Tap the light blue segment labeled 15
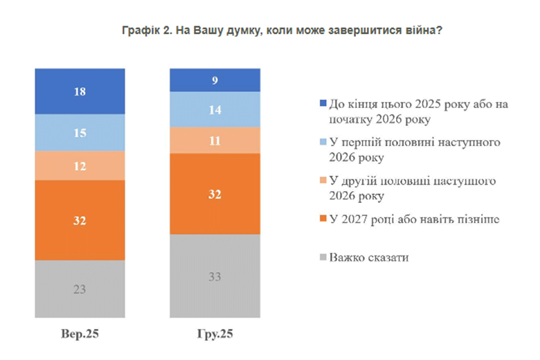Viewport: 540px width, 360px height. pos(80,133)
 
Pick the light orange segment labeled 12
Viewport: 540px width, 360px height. pos(80,165)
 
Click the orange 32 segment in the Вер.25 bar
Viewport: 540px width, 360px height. pos(80,220)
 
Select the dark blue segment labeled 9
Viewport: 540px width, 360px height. pos(215,80)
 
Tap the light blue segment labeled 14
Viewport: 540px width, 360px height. pos(215,109)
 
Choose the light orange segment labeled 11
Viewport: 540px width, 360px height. pos(215,140)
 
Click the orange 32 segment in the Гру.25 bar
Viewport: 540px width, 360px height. pos(215,194)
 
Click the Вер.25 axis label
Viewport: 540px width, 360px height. pos(80,334)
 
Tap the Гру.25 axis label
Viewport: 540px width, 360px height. pos(215,334)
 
